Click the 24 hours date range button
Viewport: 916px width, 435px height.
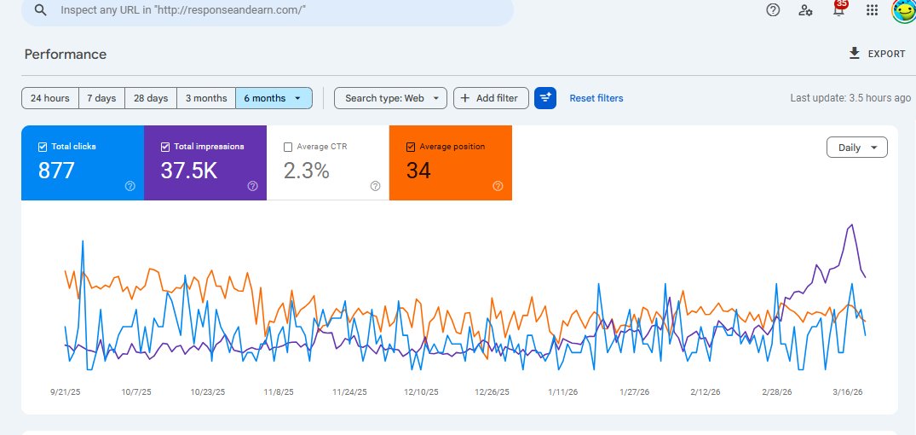[x=50, y=98]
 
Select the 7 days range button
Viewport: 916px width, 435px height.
[x=102, y=98]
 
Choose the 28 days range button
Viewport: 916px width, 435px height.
[x=151, y=98]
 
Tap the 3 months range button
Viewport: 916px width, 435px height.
[x=206, y=98]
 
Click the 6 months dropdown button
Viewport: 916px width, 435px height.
[x=274, y=98]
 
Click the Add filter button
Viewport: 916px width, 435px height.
[x=491, y=98]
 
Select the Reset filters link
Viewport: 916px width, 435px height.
[x=596, y=98]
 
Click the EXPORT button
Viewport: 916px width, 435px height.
[x=877, y=54]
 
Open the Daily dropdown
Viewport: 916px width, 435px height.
[x=856, y=148]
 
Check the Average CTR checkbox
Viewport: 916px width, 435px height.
[x=288, y=147]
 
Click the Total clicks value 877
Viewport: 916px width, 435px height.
[x=57, y=171]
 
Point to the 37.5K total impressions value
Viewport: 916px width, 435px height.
[x=189, y=171]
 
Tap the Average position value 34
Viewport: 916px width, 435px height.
[x=418, y=171]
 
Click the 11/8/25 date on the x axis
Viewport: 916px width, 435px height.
[x=279, y=392]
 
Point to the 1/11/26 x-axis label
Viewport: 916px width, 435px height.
[x=563, y=392]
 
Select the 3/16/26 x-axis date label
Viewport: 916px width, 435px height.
[x=848, y=392]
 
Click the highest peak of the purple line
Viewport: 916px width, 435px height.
[x=851, y=225]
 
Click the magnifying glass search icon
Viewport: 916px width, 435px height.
[x=39, y=10]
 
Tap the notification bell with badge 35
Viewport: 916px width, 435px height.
[x=838, y=10]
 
